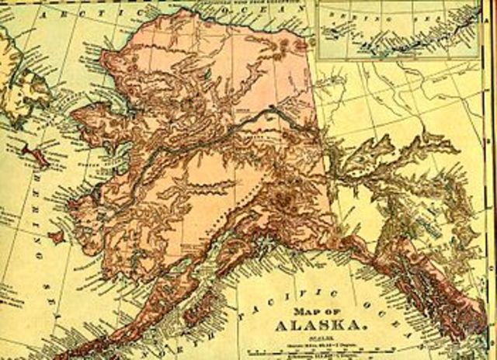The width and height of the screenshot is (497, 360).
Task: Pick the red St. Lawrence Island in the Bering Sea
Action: point(35,156)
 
